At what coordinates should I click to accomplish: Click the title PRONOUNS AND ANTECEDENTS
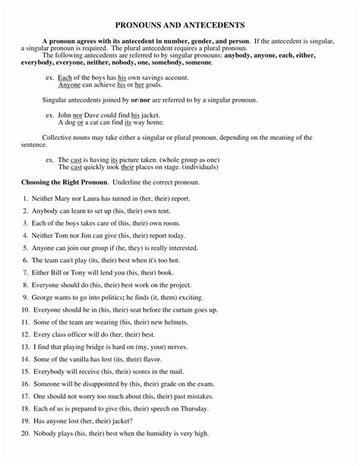179,25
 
